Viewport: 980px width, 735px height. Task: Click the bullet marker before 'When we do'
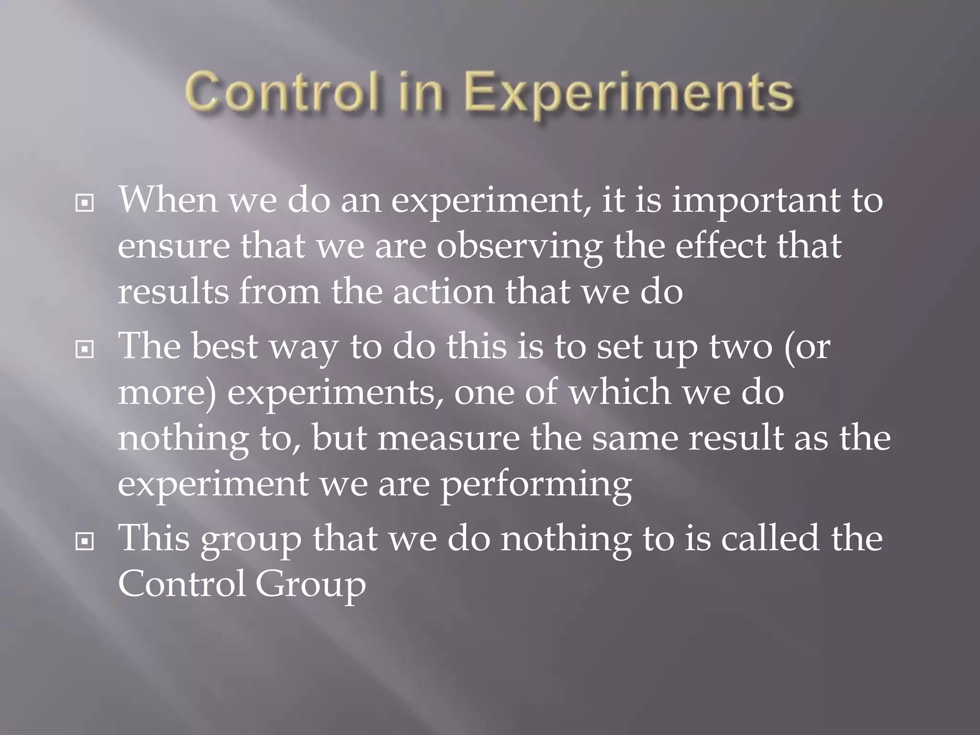(x=85, y=203)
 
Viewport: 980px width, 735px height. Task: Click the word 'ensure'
(x=173, y=247)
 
